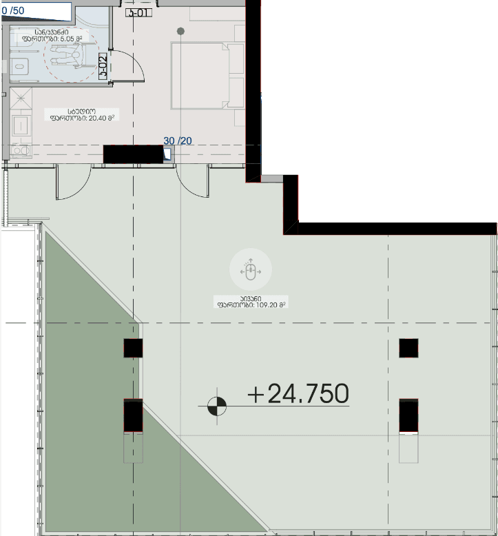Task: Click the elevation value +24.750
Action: click(298, 393)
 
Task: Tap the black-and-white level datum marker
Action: click(217, 407)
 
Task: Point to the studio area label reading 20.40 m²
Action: click(81, 114)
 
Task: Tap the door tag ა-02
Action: click(102, 66)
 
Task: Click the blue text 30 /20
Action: click(178, 141)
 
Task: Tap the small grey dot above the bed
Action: click(180, 31)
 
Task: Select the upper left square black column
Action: click(133, 348)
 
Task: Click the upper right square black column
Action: click(408, 348)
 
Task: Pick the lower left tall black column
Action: click(133, 415)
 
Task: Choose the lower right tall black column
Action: click(408, 415)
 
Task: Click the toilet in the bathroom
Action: click(19, 66)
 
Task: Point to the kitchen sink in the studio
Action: click(21, 125)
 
